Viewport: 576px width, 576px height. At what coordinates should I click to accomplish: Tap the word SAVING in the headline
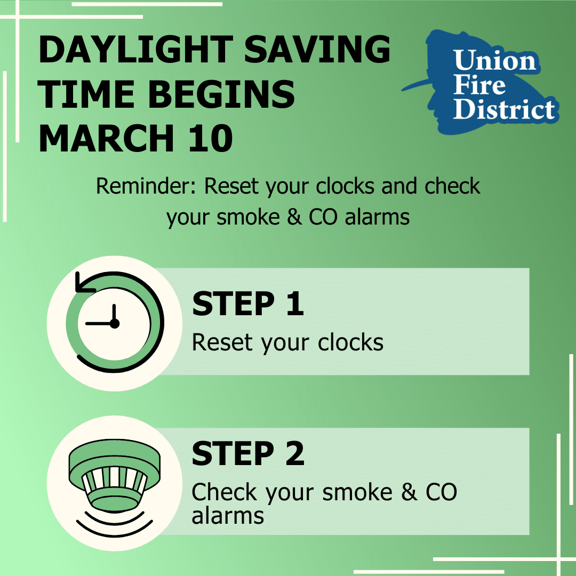(317, 50)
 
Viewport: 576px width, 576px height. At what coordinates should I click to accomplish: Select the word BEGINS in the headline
(221, 94)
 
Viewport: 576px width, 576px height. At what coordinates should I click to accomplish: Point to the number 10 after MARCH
(211, 139)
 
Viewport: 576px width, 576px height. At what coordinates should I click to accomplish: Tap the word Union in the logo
(495, 60)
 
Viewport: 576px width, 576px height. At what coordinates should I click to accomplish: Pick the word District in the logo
(503, 109)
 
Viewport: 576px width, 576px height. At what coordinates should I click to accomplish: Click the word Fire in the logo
(479, 85)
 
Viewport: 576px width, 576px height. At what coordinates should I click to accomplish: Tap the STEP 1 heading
(248, 303)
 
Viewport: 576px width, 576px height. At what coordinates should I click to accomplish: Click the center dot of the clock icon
(115, 324)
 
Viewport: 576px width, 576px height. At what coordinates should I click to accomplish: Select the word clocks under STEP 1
(350, 342)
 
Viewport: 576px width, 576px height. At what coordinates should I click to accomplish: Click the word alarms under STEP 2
(228, 516)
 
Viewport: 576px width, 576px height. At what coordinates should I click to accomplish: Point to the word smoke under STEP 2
(357, 492)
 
